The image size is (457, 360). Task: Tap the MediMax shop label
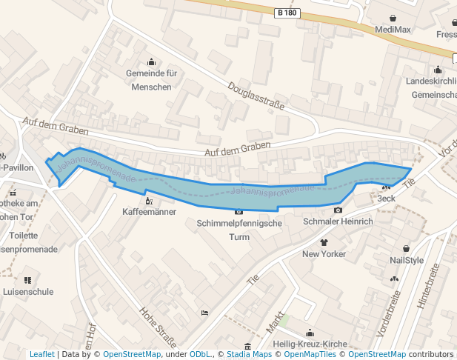click(393, 30)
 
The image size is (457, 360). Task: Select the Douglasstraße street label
click(256, 96)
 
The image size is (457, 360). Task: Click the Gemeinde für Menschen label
click(151, 80)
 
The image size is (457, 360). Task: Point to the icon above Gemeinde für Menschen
click(152, 61)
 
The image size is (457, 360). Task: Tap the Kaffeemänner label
click(150, 212)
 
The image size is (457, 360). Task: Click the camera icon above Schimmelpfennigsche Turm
click(238, 213)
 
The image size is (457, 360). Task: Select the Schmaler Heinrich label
click(337, 221)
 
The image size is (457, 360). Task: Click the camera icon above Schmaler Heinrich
click(338, 210)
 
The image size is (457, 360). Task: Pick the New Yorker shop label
click(324, 254)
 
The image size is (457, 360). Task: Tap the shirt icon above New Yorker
click(324, 242)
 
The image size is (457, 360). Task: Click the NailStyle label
click(407, 260)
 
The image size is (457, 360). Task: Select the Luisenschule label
click(27, 292)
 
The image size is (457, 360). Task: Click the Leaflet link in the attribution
click(41, 354)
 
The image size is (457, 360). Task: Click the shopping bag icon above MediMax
click(393, 18)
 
